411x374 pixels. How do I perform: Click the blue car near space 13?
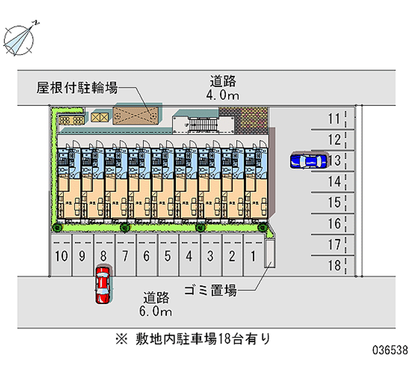point(309,161)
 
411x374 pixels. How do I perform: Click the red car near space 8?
point(103,284)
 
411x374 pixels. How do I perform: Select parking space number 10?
point(62,255)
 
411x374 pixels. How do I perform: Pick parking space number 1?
point(253,255)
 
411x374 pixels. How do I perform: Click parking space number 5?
point(167,255)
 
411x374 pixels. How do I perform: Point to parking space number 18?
point(334,265)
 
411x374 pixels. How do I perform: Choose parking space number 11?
point(334,119)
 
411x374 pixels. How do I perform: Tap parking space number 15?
point(334,203)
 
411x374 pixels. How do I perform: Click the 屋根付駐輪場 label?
point(77,88)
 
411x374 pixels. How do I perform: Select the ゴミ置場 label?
point(211,291)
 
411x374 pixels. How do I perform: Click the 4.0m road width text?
point(223,95)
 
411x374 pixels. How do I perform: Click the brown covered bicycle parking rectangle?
point(135,116)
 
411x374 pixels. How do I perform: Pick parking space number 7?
point(125,255)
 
